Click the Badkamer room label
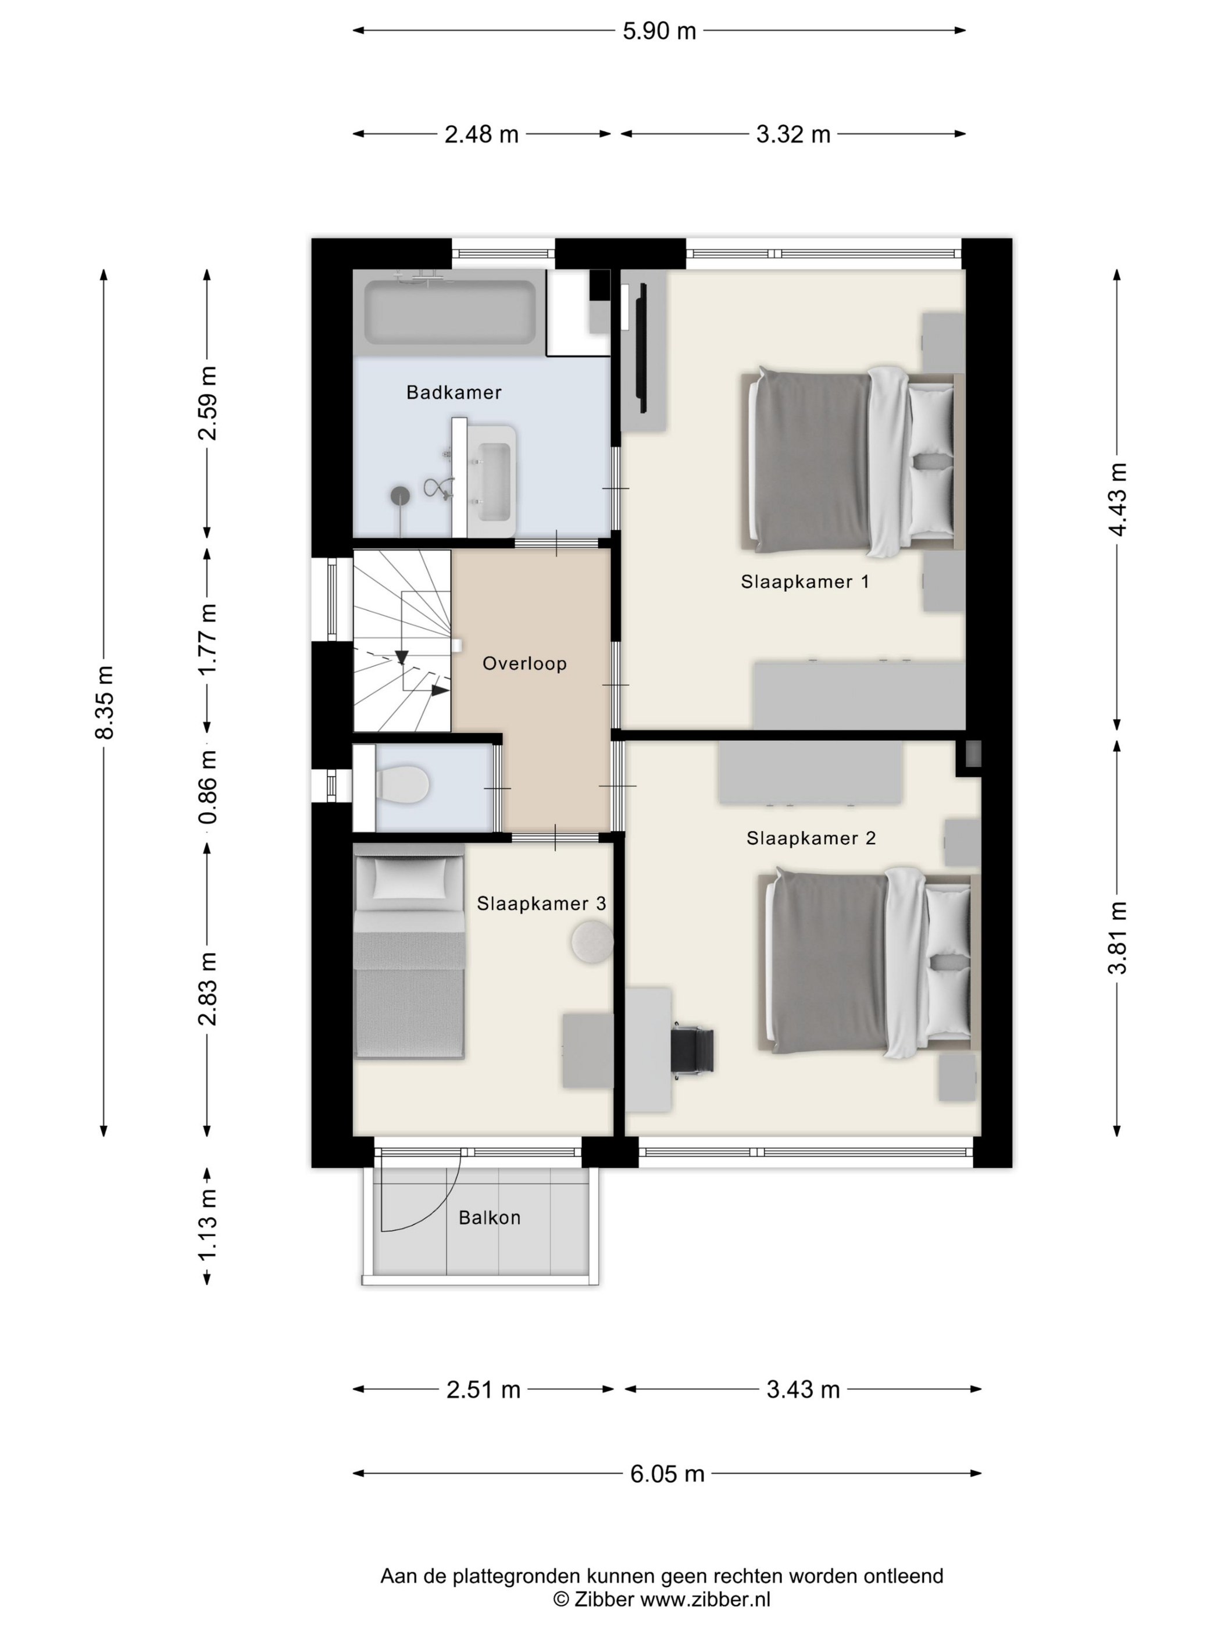(x=454, y=392)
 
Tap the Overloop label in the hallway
(x=524, y=663)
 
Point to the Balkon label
(x=490, y=1218)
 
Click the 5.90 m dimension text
(x=659, y=31)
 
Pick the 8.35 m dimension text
(x=105, y=702)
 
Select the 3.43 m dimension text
(x=803, y=1390)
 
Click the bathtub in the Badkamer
(x=451, y=313)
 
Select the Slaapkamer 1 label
(x=805, y=581)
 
